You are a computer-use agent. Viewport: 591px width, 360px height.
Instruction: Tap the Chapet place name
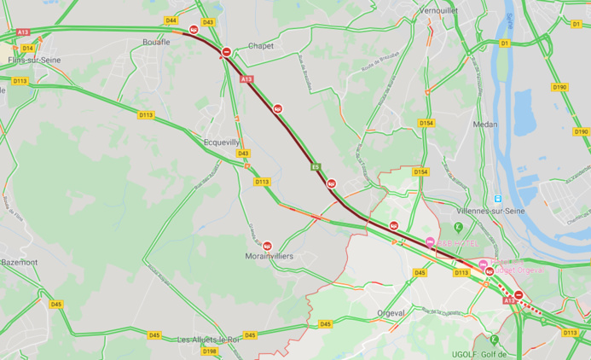tap(260, 46)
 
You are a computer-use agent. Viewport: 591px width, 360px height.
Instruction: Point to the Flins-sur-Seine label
tap(26, 61)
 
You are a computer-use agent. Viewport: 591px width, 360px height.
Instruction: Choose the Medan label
tap(484, 124)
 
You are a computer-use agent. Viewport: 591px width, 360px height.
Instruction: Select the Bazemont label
tap(19, 261)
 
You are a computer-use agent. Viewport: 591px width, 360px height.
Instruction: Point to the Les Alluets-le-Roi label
tap(207, 340)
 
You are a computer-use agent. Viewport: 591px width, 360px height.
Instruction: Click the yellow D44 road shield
tap(171, 20)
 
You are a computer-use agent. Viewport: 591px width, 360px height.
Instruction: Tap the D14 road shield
tap(28, 48)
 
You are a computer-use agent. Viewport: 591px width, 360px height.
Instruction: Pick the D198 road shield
tap(210, 351)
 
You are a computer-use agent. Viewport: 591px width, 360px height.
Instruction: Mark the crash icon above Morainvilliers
tap(268, 246)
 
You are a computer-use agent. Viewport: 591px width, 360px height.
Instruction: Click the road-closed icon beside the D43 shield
tap(226, 52)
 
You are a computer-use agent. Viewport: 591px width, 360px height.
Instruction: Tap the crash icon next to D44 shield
tap(194, 30)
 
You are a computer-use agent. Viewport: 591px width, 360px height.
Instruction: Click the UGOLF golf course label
tap(480, 354)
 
